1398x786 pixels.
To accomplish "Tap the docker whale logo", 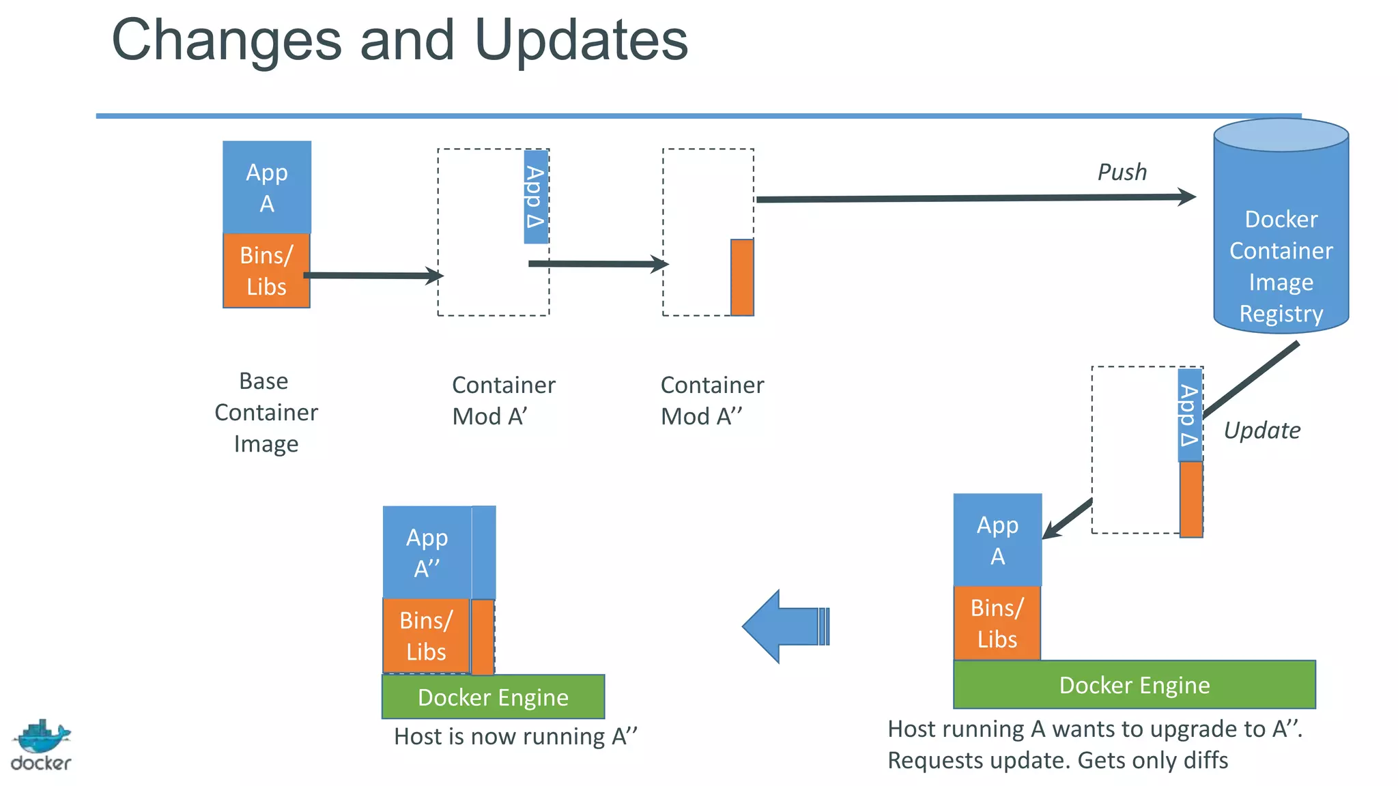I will (x=41, y=745).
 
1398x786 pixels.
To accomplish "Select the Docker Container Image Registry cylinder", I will (x=1281, y=232).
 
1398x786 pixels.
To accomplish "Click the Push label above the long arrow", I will (x=1122, y=172).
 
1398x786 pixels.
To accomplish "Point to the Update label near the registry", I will (x=1261, y=431).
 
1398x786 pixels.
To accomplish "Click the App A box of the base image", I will (x=267, y=188).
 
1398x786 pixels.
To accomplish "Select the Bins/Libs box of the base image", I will (x=267, y=271).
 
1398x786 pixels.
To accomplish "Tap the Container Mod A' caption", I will (x=503, y=401).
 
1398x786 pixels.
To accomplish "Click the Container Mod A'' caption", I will (x=712, y=401).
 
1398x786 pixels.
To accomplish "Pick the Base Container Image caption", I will (x=266, y=412).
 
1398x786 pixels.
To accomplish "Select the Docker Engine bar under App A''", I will (x=493, y=697).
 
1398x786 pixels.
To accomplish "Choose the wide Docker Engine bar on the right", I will (x=1134, y=685).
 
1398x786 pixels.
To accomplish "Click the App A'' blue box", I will (x=427, y=553).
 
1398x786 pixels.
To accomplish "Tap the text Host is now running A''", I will (x=515, y=737).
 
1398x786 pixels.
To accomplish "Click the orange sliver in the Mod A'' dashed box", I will (x=742, y=277).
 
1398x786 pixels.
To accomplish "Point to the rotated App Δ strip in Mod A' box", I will (x=536, y=197).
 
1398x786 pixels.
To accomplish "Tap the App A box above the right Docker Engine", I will (x=997, y=540).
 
